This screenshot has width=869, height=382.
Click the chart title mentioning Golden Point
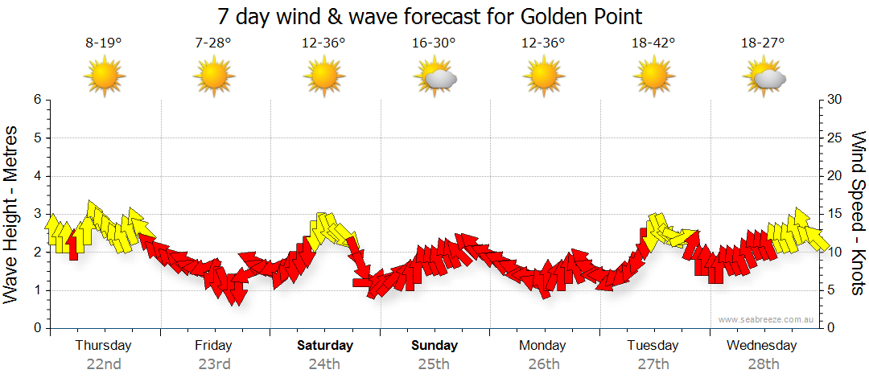click(430, 16)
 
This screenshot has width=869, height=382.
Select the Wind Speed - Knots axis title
click(858, 213)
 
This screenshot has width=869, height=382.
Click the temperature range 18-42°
click(653, 43)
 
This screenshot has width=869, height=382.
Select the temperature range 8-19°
click(104, 43)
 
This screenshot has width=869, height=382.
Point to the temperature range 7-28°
click(213, 43)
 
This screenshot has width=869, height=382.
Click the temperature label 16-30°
click(434, 43)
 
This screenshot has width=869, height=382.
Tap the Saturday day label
click(325, 346)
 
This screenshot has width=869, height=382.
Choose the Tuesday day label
click(653, 346)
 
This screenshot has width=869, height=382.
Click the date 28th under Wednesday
click(762, 364)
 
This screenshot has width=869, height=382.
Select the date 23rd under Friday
click(214, 364)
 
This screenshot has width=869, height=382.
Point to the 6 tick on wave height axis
click(36, 100)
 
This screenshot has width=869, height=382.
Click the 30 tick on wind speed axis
click(835, 100)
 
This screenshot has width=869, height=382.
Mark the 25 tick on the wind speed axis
click(835, 138)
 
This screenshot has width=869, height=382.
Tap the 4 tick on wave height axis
click(36, 176)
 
